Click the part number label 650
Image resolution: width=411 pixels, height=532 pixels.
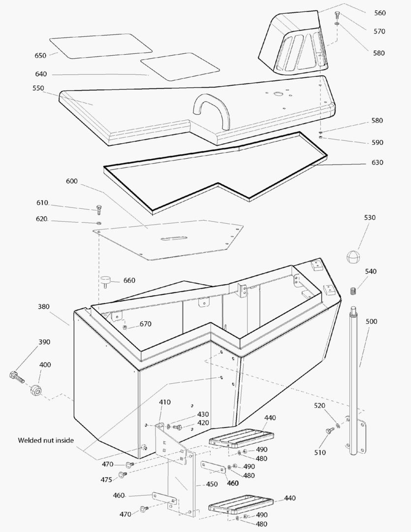(40, 56)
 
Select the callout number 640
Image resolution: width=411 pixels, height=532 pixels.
(41, 74)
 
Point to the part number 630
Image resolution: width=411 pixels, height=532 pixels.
(378, 163)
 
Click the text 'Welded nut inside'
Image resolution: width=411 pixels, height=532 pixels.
(46, 440)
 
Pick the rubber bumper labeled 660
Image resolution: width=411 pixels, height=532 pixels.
(105, 282)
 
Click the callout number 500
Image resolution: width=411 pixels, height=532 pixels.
(372, 322)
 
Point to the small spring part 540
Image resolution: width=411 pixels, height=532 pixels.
(353, 290)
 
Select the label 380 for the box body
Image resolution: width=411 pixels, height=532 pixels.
(43, 306)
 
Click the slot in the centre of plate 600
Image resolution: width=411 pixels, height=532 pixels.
(173, 239)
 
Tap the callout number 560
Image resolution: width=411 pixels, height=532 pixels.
(379, 13)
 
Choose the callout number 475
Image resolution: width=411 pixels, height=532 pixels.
(106, 479)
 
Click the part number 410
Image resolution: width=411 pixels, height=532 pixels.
(164, 402)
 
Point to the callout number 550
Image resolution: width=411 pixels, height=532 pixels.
(38, 89)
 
